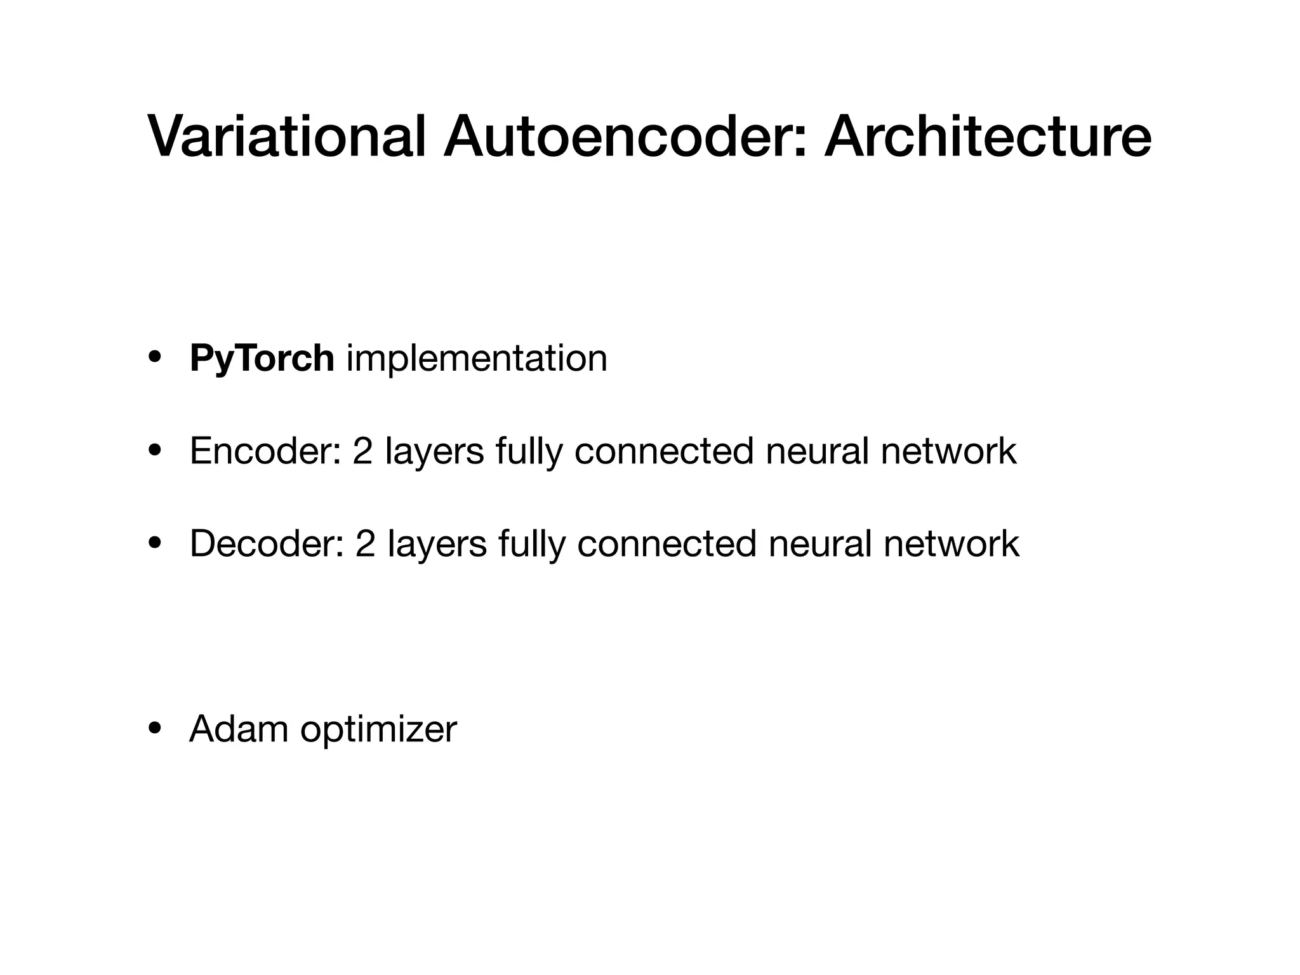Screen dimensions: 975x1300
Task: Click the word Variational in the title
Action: pyautogui.click(x=286, y=137)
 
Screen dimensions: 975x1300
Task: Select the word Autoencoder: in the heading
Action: pyautogui.click(x=625, y=137)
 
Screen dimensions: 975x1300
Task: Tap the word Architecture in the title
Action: pyautogui.click(x=987, y=137)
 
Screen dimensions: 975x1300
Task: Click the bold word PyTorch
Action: pyautogui.click(x=262, y=359)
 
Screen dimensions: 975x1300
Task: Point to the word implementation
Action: pyautogui.click(x=477, y=359)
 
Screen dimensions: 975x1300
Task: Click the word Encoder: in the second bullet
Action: pyautogui.click(x=267, y=451)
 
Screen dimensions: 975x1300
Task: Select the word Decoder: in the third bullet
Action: pyautogui.click(x=267, y=544)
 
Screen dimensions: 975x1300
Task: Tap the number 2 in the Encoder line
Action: pyautogui.click(x=362, y=451)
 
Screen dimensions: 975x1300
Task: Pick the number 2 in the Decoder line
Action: pyautogui.click(x=365, y=544)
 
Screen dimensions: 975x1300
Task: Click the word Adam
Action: pyautogui.click(x=239, y=729)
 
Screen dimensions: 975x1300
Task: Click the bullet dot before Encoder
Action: pyautogui.click(x=154, y=451)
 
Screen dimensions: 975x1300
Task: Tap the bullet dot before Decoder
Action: pyautogui.click(x=154, y=544)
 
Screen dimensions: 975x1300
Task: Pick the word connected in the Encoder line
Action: pyautogui.click(x=663, y=451)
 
